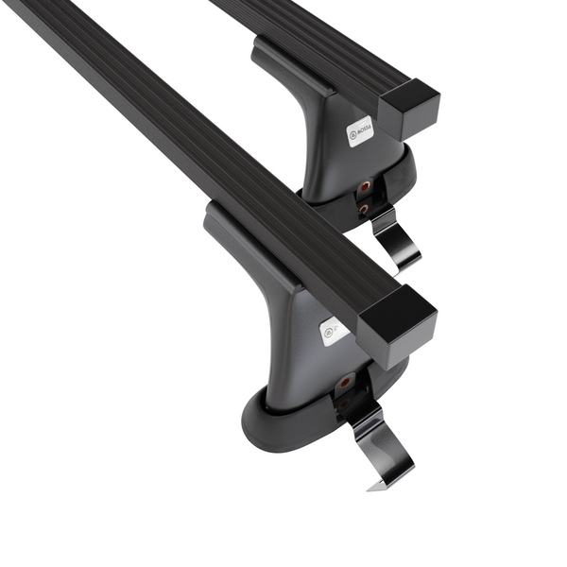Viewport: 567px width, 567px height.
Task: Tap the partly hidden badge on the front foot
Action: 334,332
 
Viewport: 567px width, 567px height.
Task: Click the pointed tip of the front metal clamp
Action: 372,487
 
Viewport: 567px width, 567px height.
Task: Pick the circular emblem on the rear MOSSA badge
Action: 352,134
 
